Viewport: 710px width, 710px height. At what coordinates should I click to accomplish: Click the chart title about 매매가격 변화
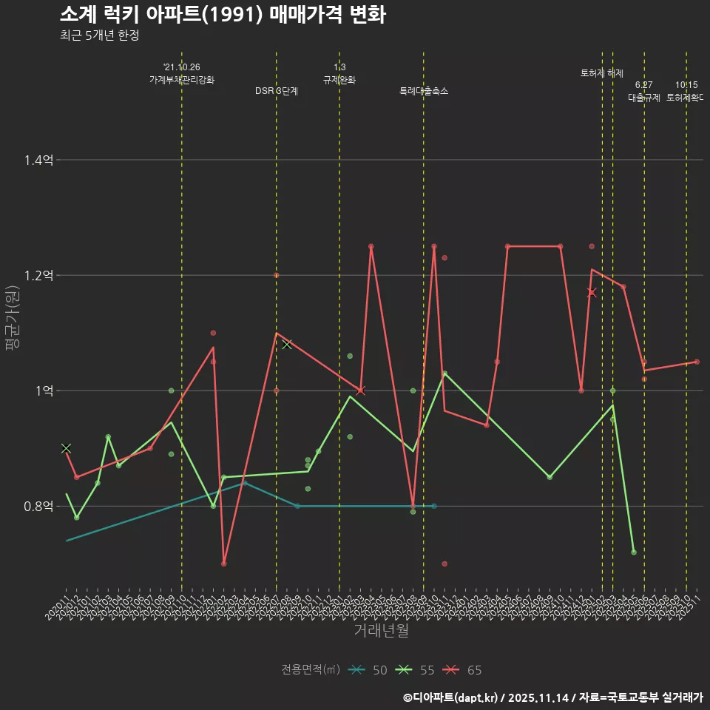point(222,15)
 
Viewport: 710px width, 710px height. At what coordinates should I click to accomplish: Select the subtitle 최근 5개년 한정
point(99,35)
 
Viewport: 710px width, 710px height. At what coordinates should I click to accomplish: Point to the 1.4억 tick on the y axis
point(38,160)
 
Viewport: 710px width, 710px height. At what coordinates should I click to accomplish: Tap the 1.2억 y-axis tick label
point(38,275)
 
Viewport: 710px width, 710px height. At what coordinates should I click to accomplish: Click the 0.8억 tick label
point(38,506)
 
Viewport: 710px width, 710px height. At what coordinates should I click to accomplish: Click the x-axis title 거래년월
point(381,630)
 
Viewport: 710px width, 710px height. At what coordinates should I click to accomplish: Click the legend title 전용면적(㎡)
point(310,670)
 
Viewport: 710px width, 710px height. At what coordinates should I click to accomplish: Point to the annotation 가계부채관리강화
point(181,80)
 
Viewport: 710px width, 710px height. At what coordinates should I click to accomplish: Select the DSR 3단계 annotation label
point(276,91)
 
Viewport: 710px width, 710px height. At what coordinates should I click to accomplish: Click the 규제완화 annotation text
point(339,80)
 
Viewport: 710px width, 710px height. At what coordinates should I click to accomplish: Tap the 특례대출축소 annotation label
point(423,91)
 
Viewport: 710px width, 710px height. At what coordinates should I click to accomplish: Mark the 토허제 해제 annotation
point(602,73)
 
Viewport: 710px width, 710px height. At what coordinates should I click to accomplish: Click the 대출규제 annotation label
point(643,97)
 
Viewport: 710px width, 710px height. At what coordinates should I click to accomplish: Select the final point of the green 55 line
point(634,552)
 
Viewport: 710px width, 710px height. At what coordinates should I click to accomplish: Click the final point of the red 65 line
point(697,362)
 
